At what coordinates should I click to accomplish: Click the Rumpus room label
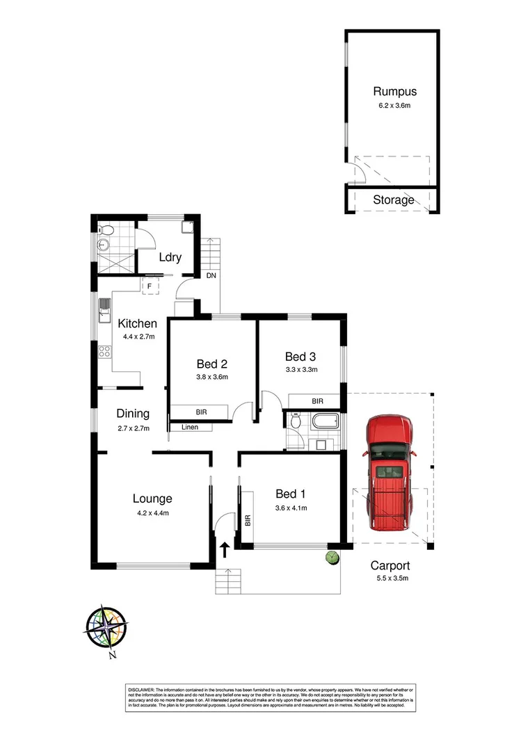(x=394, y=91)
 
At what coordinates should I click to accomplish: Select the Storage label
(x=394, y=200)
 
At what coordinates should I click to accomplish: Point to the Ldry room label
(x=170, y=257)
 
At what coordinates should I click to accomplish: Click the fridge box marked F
(x=149, y=286)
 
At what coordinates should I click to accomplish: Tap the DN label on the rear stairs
(x=211, y=275)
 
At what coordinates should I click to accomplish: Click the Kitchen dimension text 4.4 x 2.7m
(x=137, y=337)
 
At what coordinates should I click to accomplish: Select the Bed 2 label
(x=212, y=364)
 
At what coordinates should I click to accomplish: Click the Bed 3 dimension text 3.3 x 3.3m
(x=301, y=370)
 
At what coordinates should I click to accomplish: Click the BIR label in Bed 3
(x=317, y=401)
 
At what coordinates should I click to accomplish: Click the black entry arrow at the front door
(x=225, y=551)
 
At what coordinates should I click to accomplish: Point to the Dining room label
(x=133, y=414)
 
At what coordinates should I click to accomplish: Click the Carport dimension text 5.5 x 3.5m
(x=390, y=578)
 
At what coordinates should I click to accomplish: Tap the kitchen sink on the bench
(x=104, y=310)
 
